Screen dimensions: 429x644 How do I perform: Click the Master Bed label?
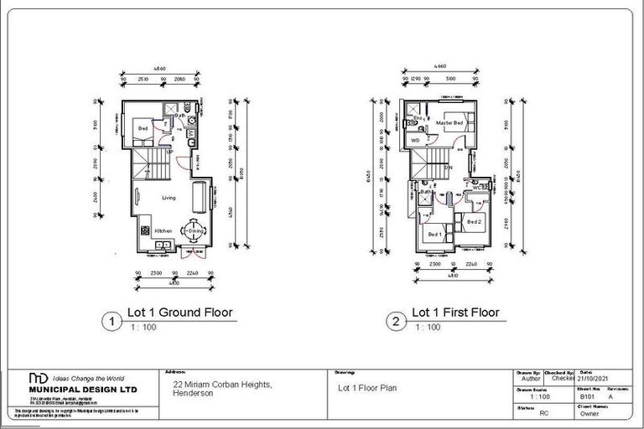[x=449, y=124]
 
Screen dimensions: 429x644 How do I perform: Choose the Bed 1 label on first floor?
[x=434, y=235]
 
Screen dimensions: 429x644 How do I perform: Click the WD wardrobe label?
[x=415, y=140]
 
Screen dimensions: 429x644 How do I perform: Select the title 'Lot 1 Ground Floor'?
[x=179, y=313]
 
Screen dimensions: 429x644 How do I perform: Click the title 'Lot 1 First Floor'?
[x=454, y=313]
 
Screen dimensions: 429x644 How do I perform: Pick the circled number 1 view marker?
[x=108, y=320]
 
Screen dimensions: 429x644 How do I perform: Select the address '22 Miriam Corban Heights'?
[x=221, y=385]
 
